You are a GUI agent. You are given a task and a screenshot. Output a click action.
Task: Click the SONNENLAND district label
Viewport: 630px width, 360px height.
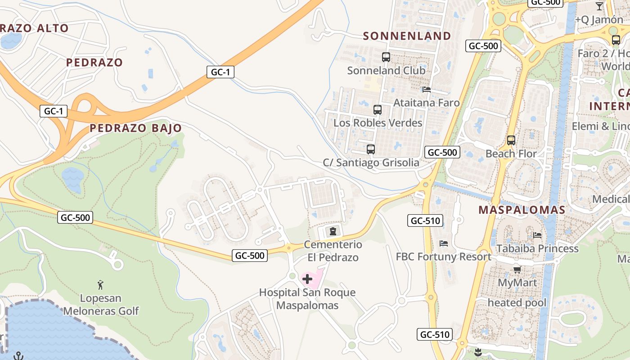pos(407,36)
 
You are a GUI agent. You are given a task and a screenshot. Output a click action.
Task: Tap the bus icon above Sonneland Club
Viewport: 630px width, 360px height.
pos(386,57)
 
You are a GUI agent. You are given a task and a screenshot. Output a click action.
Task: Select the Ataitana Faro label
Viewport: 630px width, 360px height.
pos(427,103)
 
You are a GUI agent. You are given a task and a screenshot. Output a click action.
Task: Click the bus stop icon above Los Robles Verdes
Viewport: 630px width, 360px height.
pos(378,110)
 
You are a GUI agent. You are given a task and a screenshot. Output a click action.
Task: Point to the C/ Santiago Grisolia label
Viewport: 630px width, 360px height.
pos(371,162)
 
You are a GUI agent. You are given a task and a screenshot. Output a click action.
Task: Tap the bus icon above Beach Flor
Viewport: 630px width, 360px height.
pos(511,140)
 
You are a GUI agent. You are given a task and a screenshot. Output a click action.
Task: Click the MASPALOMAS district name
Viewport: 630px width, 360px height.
pos(522,210)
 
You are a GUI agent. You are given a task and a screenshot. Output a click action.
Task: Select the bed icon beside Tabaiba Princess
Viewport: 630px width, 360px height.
pos(537,235)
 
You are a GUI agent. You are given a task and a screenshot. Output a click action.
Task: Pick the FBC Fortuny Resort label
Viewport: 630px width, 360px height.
pos(443,256)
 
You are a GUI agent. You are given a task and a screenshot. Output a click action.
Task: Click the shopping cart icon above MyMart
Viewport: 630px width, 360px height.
pos(517,270)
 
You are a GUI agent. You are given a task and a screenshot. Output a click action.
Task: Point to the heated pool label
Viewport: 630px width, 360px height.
pos(517,302)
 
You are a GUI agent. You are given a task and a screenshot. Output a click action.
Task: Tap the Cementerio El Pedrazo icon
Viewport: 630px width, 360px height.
pos(333,232)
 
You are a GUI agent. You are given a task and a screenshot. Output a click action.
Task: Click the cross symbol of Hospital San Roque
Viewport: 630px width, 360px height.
pos(307,279)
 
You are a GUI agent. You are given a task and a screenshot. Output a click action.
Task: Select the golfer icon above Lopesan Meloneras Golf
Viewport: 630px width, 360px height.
pos(101,285)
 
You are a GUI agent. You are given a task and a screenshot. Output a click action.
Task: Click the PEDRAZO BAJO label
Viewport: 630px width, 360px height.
pos(135,128)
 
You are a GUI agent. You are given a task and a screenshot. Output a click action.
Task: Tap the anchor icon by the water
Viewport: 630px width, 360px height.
pos(18,355)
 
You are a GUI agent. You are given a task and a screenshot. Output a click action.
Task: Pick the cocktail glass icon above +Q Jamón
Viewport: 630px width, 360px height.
pos(599,6)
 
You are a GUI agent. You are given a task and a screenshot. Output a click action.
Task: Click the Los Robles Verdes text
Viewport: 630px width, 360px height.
pos(378,123)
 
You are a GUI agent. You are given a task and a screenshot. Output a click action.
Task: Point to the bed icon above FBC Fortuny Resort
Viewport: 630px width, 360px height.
pos(444,243)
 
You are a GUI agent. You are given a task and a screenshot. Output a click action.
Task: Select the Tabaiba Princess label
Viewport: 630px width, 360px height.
pos(537,248)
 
